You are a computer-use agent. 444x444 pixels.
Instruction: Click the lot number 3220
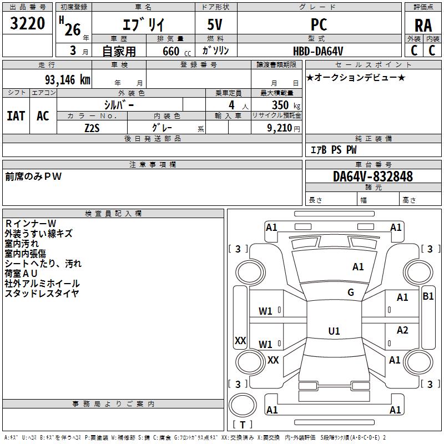click(28, 24)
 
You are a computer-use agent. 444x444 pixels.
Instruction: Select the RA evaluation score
click(423, 25)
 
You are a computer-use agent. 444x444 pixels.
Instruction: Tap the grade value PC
click(319, 24)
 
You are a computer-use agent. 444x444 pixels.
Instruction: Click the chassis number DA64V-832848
click(373, 176)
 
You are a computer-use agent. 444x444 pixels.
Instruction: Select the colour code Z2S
click(92, 127)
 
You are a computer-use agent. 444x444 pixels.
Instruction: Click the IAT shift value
click(16, 115)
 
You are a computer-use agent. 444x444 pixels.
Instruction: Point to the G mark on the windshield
click(351, 292)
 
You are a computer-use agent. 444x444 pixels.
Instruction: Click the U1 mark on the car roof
click(334, 331)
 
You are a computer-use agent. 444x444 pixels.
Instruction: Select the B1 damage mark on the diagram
click(428, 296)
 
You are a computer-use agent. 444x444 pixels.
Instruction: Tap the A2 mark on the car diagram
click(402, 330)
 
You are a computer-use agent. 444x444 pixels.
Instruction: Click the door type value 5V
click(216, 25)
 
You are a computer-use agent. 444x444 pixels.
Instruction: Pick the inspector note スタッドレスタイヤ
click(42, 294)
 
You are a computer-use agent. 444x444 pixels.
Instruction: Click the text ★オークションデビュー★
click(356, 77)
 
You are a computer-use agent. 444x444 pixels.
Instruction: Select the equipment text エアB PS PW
click(333, 150)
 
